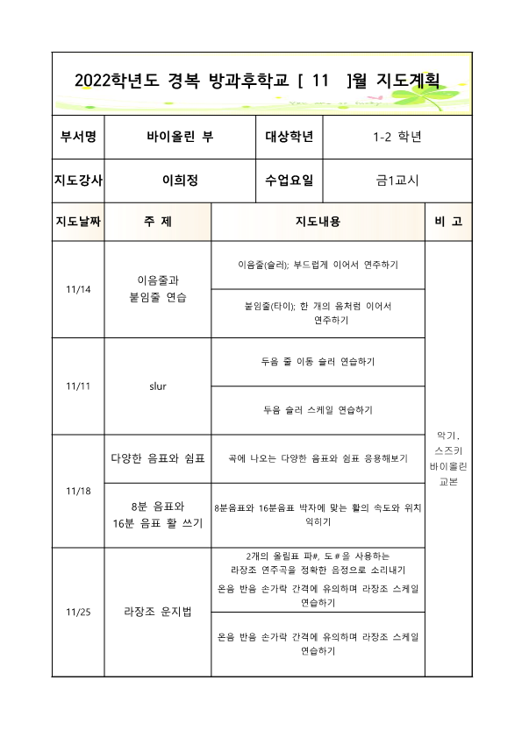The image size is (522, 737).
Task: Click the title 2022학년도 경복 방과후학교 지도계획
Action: [256, 81]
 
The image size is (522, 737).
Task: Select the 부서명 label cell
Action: [78, 137]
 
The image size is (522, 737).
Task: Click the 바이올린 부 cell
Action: [180, 137]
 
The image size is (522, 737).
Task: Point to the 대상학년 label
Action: [290, 137]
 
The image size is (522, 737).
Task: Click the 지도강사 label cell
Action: [78, 181]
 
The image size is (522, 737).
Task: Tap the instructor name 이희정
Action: [180, 181]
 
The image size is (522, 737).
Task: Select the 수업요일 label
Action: [290, 181]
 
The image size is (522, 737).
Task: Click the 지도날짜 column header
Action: [78, 222]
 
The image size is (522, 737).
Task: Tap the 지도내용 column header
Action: [318, 222]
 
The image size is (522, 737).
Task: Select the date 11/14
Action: [78, 289]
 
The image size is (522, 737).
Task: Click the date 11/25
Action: [78, 613]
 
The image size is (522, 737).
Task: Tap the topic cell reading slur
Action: [158, 386]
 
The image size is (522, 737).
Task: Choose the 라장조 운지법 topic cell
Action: [158, 613]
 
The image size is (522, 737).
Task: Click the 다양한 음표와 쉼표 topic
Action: [158, 458]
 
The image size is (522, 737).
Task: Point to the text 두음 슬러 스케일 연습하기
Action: [318, 410]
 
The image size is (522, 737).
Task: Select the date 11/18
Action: [78, 491]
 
